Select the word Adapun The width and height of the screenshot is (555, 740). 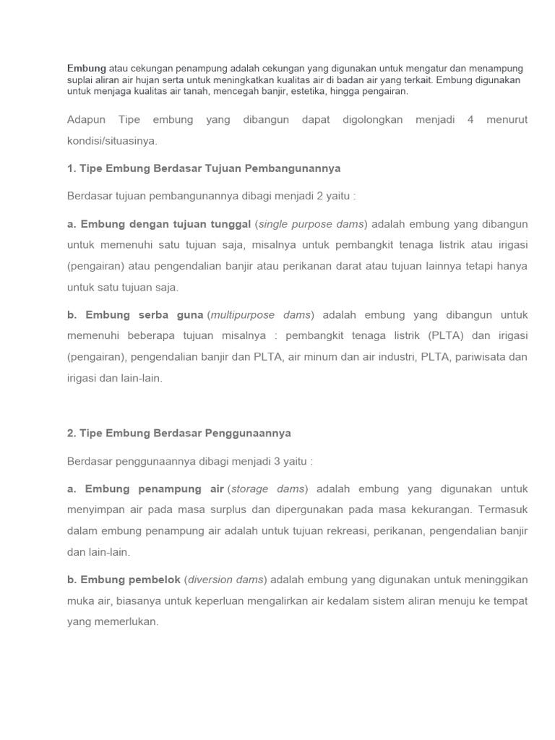(86, 119)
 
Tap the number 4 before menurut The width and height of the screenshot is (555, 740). (470, 119)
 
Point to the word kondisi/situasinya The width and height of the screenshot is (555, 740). (111, 140)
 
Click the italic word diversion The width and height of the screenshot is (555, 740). (210, 580)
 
